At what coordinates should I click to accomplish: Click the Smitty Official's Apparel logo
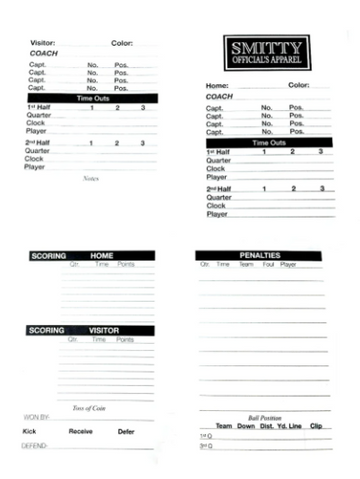(x=266, y=52)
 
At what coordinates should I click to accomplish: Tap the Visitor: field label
(x=43, y=44)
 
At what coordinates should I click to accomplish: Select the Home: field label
(x=217, y=86)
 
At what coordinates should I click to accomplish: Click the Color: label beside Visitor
(x=122, y=44)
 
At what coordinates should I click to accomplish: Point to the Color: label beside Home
(x=298, y=86)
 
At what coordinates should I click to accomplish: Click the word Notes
(x=90, y=178)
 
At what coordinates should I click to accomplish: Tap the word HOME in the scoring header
(x=103, y=256)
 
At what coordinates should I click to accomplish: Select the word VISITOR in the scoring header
(x=104, y=330)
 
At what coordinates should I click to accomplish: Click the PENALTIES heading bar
(x=260, y=255)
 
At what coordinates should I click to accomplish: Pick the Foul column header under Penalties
(x=267, y=265)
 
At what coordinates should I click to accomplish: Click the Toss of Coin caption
(x=89, y=407)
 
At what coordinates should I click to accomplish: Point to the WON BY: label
(x=36, y=417)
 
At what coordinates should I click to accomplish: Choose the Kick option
(x=28, y=431)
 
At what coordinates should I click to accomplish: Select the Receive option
(x=81, y=431)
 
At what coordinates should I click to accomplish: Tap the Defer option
(x=126, y=431)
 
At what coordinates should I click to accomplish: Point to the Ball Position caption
(x=266, y=417)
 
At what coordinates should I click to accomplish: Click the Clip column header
(x=317, y=426)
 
